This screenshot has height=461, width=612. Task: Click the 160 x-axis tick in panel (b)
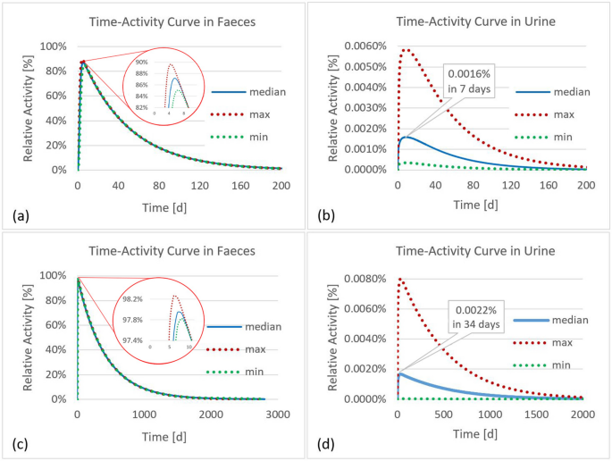pos(549,186)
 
